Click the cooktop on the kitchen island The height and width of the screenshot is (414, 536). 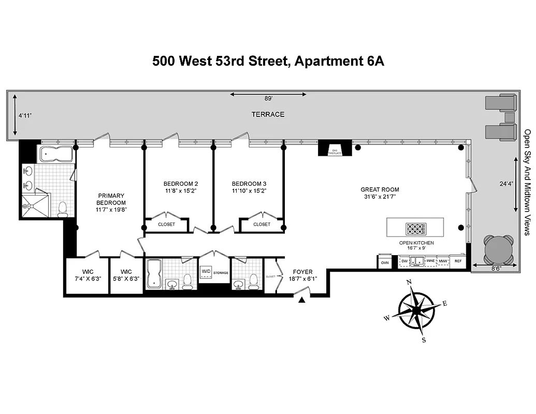coord(416,228)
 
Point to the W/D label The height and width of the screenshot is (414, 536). coord(206,271)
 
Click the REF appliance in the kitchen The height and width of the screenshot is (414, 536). coord(457,262)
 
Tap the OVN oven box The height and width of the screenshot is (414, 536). coord(384,262)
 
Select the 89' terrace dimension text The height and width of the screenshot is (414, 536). coord(268,98)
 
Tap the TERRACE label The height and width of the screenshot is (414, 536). coord(268,114)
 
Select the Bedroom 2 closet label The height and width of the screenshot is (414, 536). coord(166,224)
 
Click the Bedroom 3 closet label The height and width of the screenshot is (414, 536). coord(262,224)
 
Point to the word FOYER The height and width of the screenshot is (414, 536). coord(302,272)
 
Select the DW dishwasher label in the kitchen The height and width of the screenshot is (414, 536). coord(405,262)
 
